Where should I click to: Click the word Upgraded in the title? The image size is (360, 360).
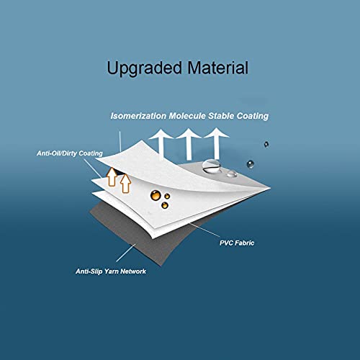(x=144, y=68)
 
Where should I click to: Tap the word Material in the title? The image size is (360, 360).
(x=218, y=68)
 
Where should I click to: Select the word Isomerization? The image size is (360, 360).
(x=138, y=116)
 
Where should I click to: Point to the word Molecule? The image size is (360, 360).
(x=187, y=116)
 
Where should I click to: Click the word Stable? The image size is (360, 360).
(x=221, y=116)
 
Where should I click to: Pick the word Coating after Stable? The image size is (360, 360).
(x=253, y=117)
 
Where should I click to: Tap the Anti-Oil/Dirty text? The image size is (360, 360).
(x=57, y=153)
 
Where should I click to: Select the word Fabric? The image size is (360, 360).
(x=245, y=243)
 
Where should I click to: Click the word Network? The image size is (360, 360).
(x=133, y=271)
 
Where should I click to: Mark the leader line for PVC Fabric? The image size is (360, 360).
(x=204, y=230)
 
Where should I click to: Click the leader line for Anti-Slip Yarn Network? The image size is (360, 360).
(x=126, y=253)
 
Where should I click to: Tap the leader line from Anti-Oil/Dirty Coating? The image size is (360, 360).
(x=93, y=168)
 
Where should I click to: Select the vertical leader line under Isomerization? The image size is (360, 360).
(x=120, y=141)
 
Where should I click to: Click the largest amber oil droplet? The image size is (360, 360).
(x=156, y=195)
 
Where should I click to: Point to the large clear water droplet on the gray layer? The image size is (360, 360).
(x=211, y=166)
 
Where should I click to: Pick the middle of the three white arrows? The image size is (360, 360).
(x=189, y=143)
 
